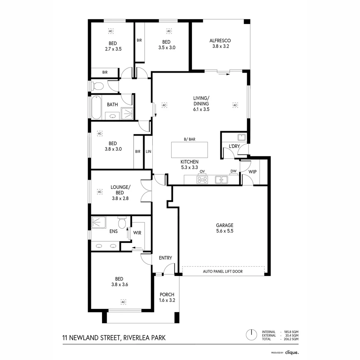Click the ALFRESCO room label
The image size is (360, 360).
pyautogui.click(x=220, y=41)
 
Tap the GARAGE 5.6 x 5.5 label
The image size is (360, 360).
pyautogui.click(x=224, y=228)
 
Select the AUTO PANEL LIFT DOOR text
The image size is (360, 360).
pyautogui.click(x=223, y=272)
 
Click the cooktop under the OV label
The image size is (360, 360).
pyautogui.click(x=202, y=180)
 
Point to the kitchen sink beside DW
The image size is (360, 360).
pyautogui.click(x=221, y=180)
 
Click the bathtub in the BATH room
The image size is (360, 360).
pyautogui.click(x=96, y=107)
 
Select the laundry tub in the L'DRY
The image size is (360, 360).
pyautogui.click(x=242, y=137)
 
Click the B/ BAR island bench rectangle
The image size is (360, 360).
pyautogui.click(x=189, y=150)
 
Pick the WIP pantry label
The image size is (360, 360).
pyautogui.click(x=253, y=171)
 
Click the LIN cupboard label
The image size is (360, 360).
pyautogui.click(x=148, y=152)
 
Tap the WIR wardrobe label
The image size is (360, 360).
pyautogui.click(x=137, y=233)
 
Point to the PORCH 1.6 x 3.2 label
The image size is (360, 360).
pyautogui.click(x=167, y=297)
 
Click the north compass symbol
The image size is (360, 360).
pyautogui.click(x=252, y=334)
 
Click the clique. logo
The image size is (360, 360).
pyautogui.click(x=292, y=352)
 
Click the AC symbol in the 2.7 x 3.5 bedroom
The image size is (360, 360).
pyautogui.click(x=111, y=31)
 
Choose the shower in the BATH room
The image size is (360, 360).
pyautogui.click(x=127, y=113)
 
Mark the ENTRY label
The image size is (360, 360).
pyautogui.click(x=165, y=258)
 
